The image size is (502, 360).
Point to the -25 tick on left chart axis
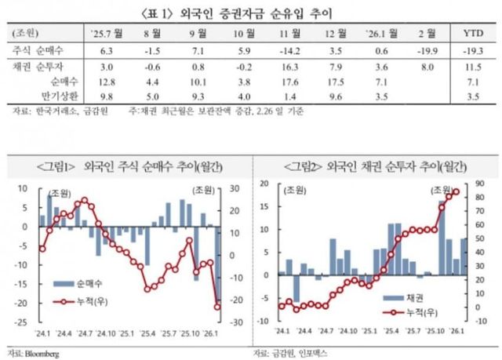pyautogui.click(x=21, y=322)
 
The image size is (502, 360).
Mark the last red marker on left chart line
pyautogui.click(x=216, y=307)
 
